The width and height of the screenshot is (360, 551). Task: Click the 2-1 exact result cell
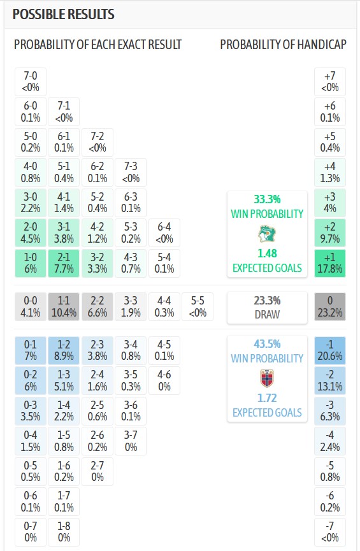(x=64, y=263)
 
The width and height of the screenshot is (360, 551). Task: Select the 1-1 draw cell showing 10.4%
(x=64, y=307)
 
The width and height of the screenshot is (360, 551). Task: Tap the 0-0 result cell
(x=30, y=307)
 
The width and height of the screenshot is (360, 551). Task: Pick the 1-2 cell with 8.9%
(x=64, y=350)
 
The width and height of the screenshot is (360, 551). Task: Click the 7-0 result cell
(x=30, y=82)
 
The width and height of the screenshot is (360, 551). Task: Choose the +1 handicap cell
(x=330, y=263)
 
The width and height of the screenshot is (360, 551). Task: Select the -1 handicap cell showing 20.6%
(x=330, y=350)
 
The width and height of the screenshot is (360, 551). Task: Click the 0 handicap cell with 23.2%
(x=330, y=307)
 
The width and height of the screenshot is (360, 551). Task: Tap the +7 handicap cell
(x=330, y=82)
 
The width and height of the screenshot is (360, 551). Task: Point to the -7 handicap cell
(x=330, y=532)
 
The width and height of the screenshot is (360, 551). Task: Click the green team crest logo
(x=267, y=234)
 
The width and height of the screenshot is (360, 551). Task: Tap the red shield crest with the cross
(x=267, y=378)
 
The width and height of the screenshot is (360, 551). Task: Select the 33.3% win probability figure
(x=267, y=199)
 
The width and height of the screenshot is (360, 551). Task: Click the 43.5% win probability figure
(x=267, y=344)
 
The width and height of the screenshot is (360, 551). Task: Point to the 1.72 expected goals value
(x=267, y=397)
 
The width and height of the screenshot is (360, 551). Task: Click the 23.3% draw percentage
(x=267, y=301)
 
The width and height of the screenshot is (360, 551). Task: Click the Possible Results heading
(x=64, y=15)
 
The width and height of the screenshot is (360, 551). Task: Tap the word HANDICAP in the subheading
(x=322, y=45)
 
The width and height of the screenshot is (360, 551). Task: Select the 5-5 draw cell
(x=198, y=307)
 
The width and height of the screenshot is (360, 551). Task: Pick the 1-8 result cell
(x=64, y=532)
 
